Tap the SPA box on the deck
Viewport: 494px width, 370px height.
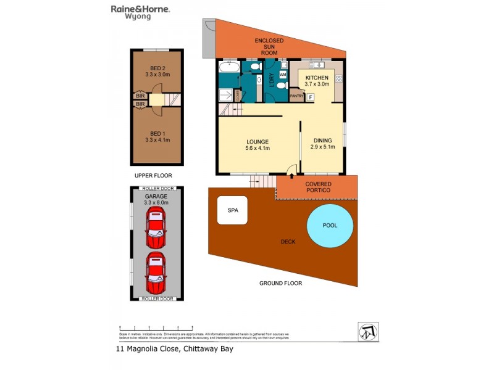(x=233, y=210)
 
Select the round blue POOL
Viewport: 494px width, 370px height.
(x=330, y=225)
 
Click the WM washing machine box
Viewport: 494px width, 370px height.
(x=283, y=75)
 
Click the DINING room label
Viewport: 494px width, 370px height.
(x=323, y=140)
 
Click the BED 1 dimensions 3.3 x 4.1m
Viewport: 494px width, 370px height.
(x=157, y=140)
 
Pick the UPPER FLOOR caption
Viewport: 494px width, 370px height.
(x=153, y=176)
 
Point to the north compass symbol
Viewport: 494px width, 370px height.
(x=368, y=331)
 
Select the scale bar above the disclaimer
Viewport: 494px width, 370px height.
(x=156, y=327)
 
